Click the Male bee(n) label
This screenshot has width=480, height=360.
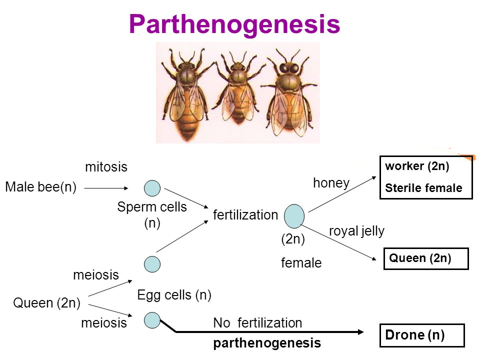(40, 187)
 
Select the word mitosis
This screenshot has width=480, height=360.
(106, 167)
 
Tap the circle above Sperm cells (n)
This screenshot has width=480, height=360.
(152, 188)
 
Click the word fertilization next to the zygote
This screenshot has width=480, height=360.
(245, 215)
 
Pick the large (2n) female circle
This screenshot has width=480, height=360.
(294, 215)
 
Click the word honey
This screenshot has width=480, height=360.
(331, 183)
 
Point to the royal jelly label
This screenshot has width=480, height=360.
(356, 230)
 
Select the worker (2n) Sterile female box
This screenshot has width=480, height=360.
(426, 177)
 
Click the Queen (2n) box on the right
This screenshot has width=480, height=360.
(425, 258)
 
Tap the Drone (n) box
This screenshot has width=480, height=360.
(422, 335)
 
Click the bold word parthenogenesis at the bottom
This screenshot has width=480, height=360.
(267, 343)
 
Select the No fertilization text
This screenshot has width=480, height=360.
(257, 323)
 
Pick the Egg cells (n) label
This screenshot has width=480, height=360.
(174, 295)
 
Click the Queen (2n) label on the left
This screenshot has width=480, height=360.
(47, 303)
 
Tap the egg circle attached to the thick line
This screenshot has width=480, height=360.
(152, 319)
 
